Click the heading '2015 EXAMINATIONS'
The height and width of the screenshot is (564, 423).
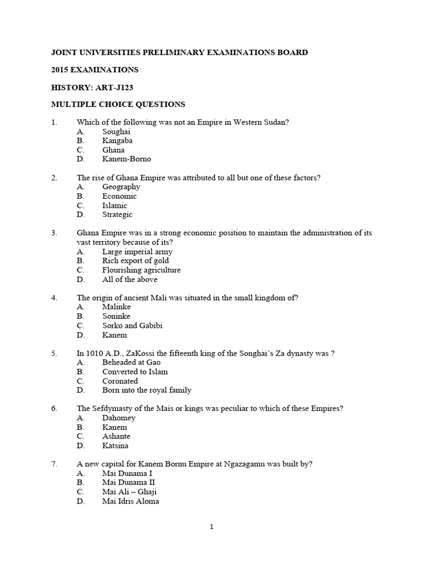94,70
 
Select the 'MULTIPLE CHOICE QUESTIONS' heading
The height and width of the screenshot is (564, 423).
118,104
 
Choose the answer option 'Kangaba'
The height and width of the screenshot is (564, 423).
117,140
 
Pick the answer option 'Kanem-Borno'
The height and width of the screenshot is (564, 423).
126,159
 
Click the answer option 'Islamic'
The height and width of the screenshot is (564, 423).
115,205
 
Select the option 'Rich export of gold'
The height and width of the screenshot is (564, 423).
135,261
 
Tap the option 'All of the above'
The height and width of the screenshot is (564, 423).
130,279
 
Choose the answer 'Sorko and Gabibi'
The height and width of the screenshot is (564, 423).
132,326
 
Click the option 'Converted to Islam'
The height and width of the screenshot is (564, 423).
135,372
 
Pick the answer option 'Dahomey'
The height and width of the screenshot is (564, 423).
118,417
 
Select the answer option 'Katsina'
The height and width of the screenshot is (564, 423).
115,446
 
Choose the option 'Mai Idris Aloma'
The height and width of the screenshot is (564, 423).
131,501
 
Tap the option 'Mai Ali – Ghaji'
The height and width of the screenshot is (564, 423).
129,492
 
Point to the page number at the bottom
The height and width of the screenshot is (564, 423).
211,527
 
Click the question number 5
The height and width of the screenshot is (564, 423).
54,353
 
